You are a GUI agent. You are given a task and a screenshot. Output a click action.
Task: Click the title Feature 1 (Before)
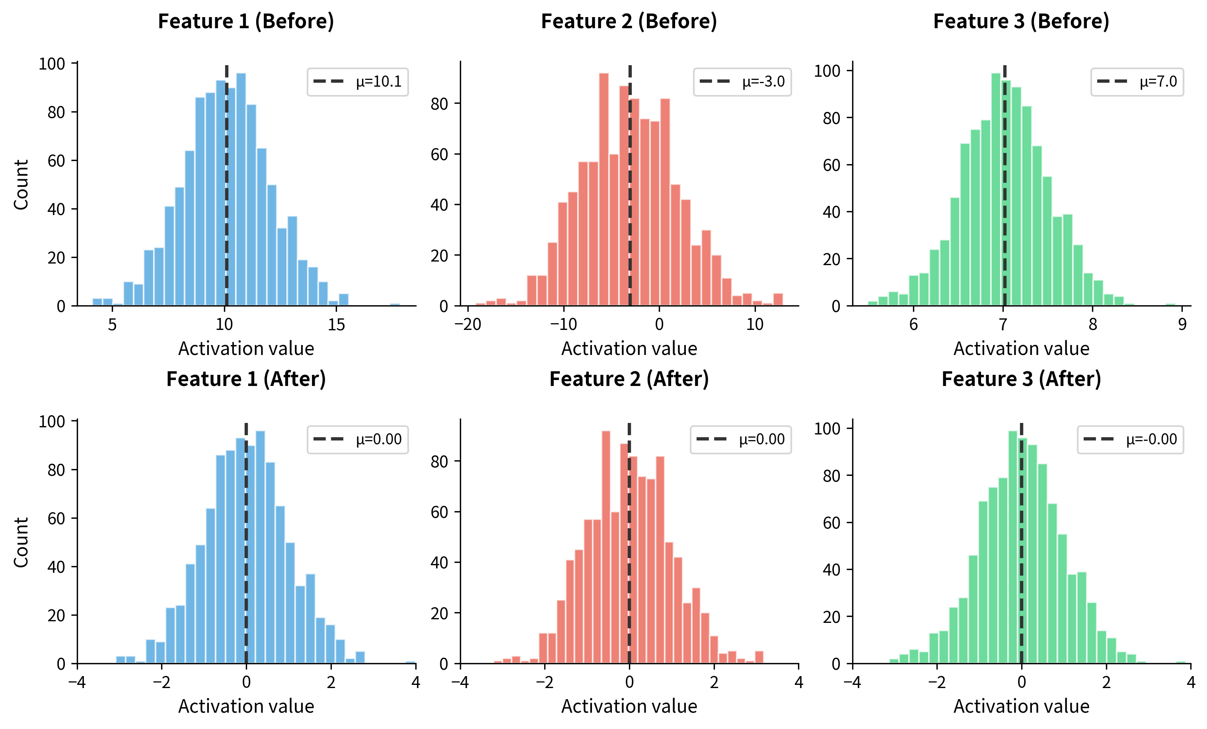[x=246, y=21]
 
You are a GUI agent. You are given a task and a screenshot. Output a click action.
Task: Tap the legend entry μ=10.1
[x=358, y=82]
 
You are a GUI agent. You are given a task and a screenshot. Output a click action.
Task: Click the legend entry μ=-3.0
[x=742, y=82]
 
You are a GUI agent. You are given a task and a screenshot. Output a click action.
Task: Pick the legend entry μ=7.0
[x=1137, y=82]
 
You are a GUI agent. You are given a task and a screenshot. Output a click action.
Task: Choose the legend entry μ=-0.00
[x=1131, y=440]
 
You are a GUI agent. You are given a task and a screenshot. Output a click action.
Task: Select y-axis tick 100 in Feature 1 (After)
[x=52, y=421]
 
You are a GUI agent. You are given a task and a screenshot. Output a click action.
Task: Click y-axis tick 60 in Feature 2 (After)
[x=440, y=512]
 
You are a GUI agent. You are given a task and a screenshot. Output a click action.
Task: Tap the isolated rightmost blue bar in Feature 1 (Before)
[x=395, y=304]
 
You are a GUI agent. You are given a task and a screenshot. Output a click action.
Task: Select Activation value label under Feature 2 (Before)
[x=629, y=349]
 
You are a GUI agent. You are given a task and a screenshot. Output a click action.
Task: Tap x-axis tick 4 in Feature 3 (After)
[x=1191, y=682]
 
